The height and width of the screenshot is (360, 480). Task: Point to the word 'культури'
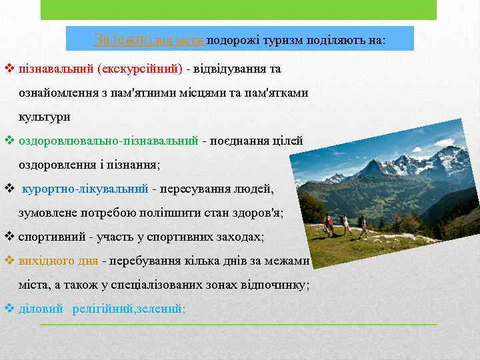44,116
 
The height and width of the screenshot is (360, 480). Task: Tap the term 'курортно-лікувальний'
85,189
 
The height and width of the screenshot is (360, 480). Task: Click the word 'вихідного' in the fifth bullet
42,260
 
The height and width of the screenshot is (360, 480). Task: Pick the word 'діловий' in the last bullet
41,309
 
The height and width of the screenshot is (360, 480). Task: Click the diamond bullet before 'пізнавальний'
9,69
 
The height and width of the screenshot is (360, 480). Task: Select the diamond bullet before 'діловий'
9,309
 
